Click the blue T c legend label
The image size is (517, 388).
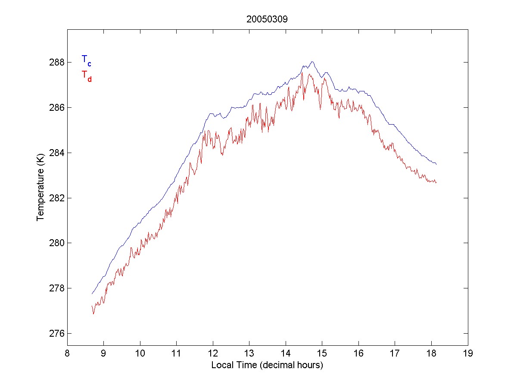(86, 60)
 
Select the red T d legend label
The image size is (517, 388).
(86, 75)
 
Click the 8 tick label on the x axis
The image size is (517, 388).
(67, 354)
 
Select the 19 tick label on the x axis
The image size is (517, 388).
(468, 354)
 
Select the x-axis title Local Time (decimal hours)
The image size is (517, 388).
(267, 365)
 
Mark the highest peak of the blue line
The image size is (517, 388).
(312, 62)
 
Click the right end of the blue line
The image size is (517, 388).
(436, 164)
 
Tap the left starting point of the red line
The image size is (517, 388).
(92, 306)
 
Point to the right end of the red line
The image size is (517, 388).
(436, 183)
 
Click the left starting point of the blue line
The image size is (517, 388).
(92, 294)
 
